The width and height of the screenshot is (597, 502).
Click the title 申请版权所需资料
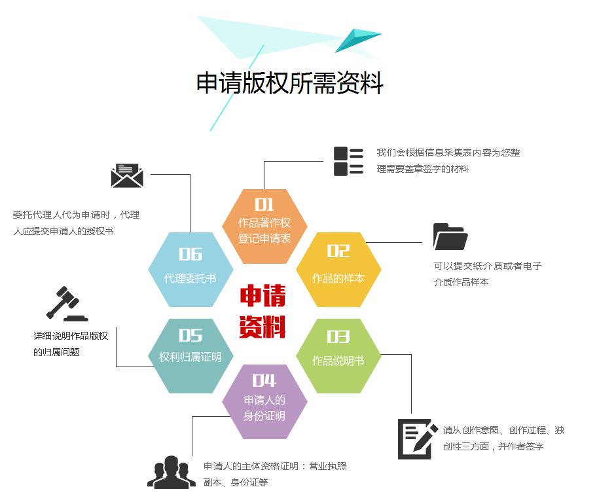click(290, 83)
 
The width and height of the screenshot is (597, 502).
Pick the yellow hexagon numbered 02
click(338, 269)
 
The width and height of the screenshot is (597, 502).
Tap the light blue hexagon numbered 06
click(190, 269)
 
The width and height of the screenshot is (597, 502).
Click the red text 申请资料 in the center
click(262, 312)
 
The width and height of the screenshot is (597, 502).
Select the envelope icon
click(127, 175)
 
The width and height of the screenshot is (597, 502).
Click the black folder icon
click(450, 237)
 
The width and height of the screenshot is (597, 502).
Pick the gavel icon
click(65, 304)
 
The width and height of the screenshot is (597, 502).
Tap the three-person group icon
click(172, 472)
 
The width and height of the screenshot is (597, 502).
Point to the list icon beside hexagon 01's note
click(348, 161)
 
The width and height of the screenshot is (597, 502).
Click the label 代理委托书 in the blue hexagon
click(190, 278)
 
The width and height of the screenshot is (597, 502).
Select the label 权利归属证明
click(190, 357)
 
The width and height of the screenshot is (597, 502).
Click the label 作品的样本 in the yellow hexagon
click(338, 278)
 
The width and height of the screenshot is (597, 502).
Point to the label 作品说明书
click(338, 361)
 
